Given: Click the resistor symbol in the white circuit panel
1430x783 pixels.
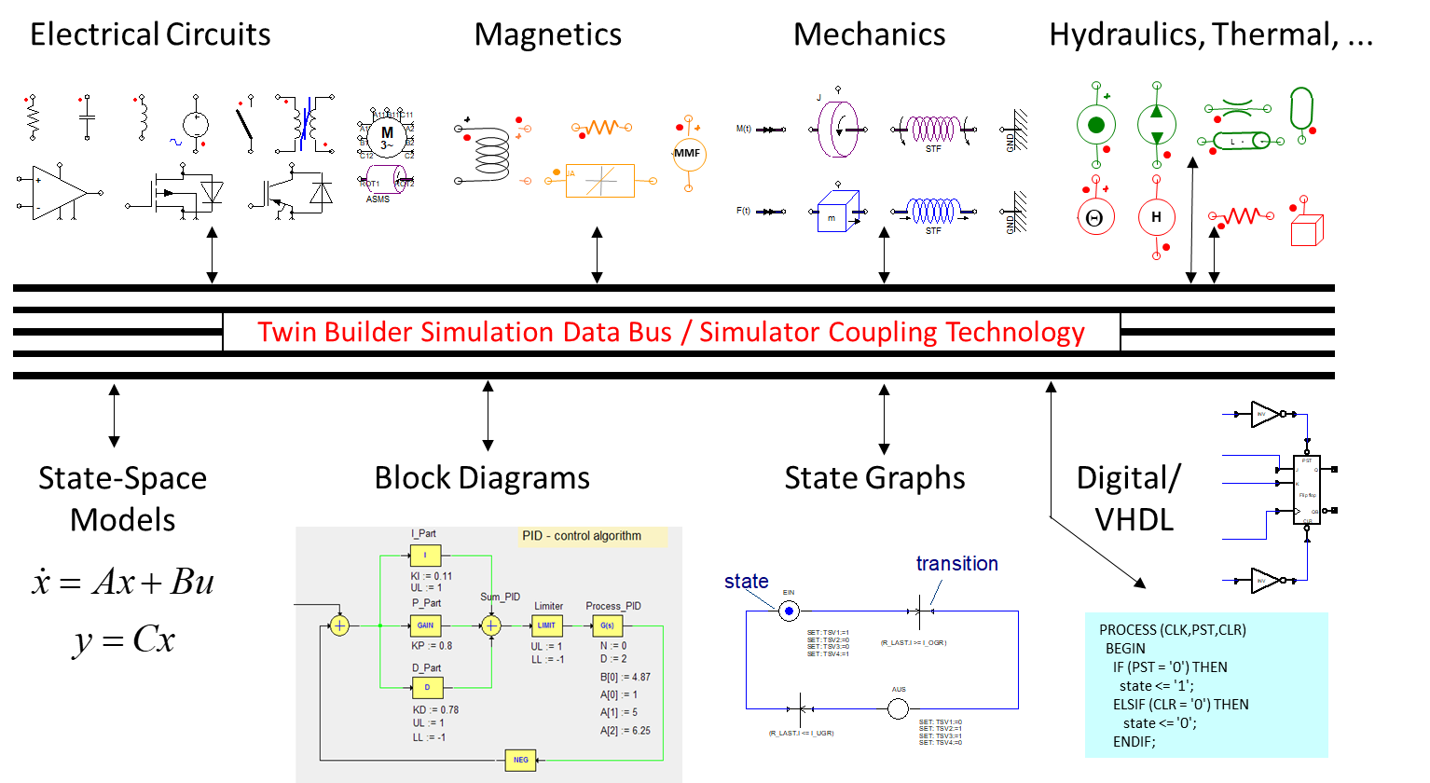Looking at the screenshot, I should pyautogui.click(x=33, y=118).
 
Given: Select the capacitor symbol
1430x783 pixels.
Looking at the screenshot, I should pyautogui.click(x=87, y=117).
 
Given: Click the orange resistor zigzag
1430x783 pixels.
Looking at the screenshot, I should pyautogui.click(x=602, y=127).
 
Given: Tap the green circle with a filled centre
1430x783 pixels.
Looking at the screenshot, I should pyautogui.click(x=1096, y=124).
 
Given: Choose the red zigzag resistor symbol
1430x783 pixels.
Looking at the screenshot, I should pyautogui.click(x=1241, y=216).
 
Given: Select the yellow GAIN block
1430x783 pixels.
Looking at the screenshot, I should pyautogui.click(x=425, y=625).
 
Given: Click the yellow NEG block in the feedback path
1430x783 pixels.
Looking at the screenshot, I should pyautogui.click(x=520, y=760).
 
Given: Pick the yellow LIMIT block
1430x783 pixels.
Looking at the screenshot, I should pyautogui.click(x=546, y=625).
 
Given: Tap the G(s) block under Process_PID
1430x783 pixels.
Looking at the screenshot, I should pyautogui.click(x=607, y=625).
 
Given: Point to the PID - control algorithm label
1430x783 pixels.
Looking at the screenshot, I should pyautogui.click(x=582, y=536).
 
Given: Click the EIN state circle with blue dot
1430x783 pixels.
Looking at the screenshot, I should pyautogui.click(x=789, y=611).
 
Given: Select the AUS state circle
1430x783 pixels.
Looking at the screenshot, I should pyautogui.click(x=897, y=707).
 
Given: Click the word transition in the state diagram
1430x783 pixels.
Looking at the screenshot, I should pyautogui.click(x=956, y=564).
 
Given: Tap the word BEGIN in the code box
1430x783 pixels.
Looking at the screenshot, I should pyautogui.click(x=1125, y=649).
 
